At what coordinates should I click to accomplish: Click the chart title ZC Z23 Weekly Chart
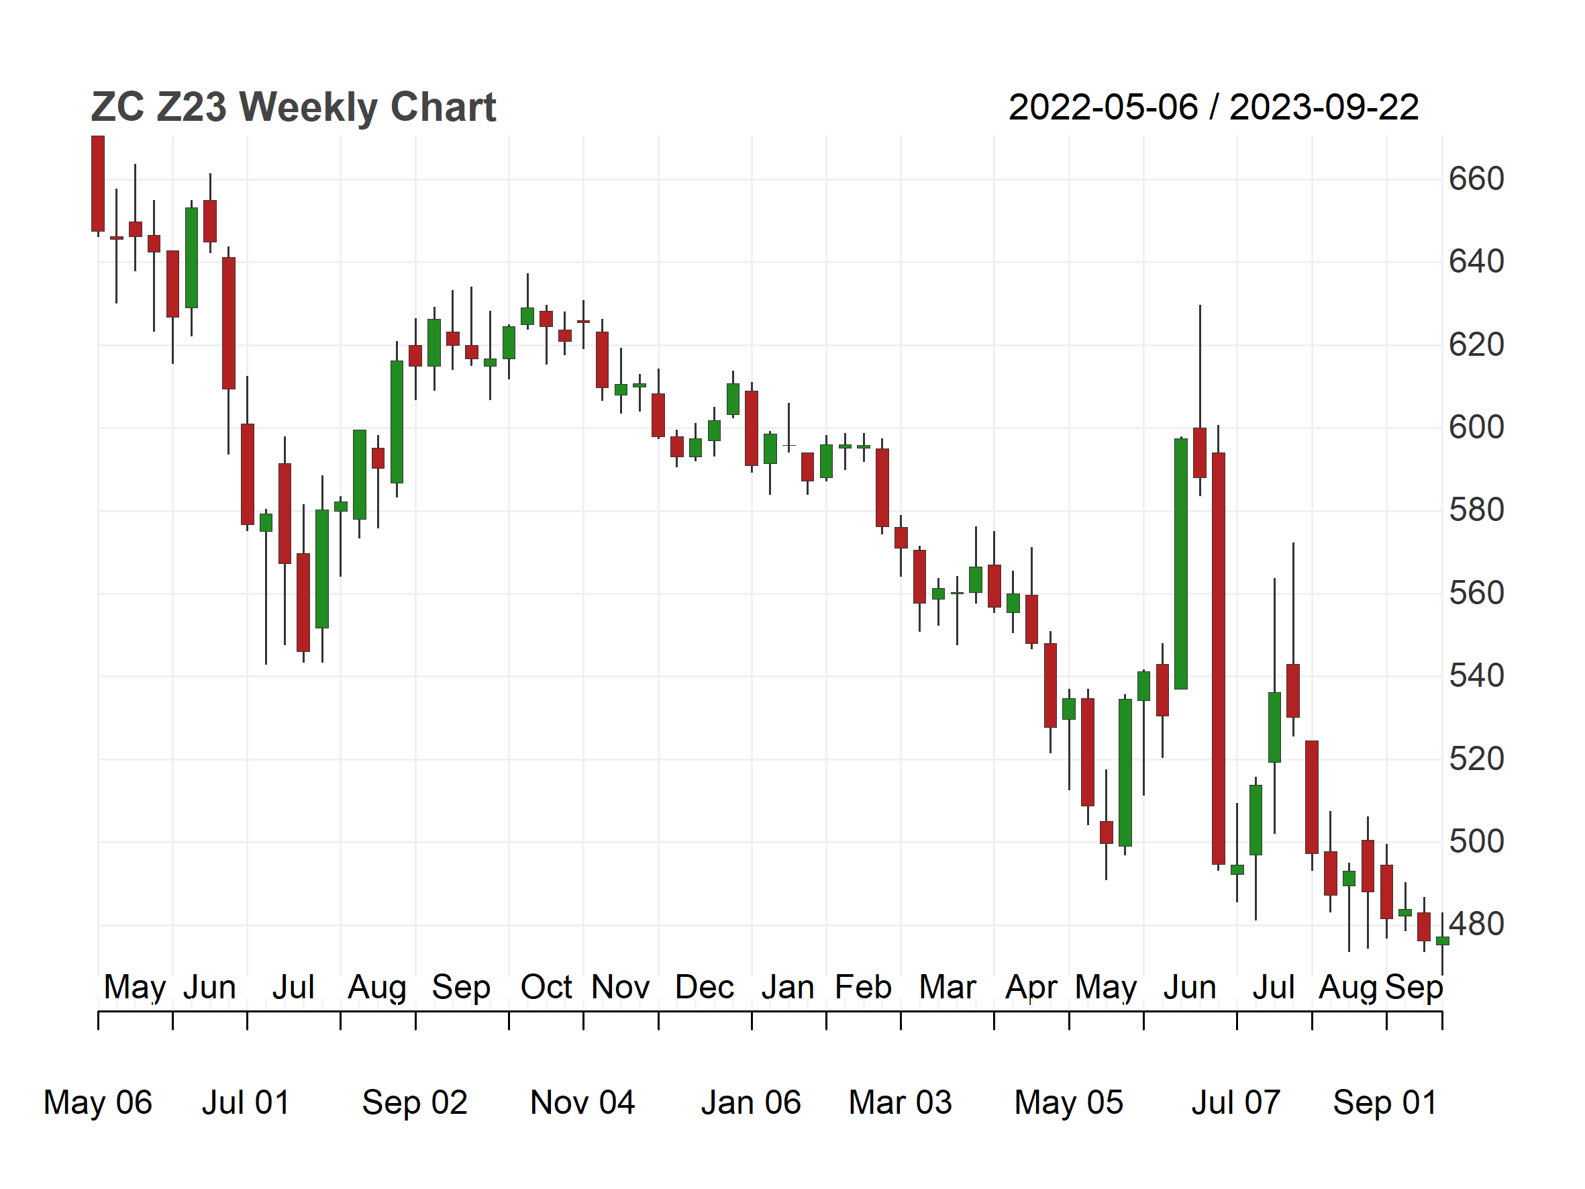click(x=293, y=107)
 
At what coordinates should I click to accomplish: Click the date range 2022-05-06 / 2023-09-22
click(x=1213, y=107)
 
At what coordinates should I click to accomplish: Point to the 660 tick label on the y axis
click(x=1476, y=179)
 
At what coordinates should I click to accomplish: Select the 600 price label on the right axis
click(x=1476, y=427)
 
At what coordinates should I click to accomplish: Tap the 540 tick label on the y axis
click(x=1476, y=676)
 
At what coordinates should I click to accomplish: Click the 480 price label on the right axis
click(x=1476, y=924)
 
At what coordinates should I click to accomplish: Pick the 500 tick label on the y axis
click(x=1476, y=841)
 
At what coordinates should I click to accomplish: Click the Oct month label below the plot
click(x=546, y=988)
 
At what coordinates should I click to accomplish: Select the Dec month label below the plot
click(x=705, y=988)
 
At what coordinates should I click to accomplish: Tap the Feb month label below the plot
click(x=864, y=988)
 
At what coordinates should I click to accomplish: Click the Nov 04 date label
click(x=582, y=1102)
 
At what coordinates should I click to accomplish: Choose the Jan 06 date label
click(x=751, y=1102)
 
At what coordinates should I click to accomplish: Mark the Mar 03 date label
click(x=900, y=1102)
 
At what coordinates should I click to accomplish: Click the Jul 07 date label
click(x=1236, y=1102)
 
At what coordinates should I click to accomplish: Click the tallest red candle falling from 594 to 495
click(x=1218, y=659)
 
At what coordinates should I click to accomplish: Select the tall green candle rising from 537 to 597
click(x=1181, y=564)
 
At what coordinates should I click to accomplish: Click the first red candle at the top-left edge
click(x=97, y=183)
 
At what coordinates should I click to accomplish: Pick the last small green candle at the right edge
click(x=1443, y=941)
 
